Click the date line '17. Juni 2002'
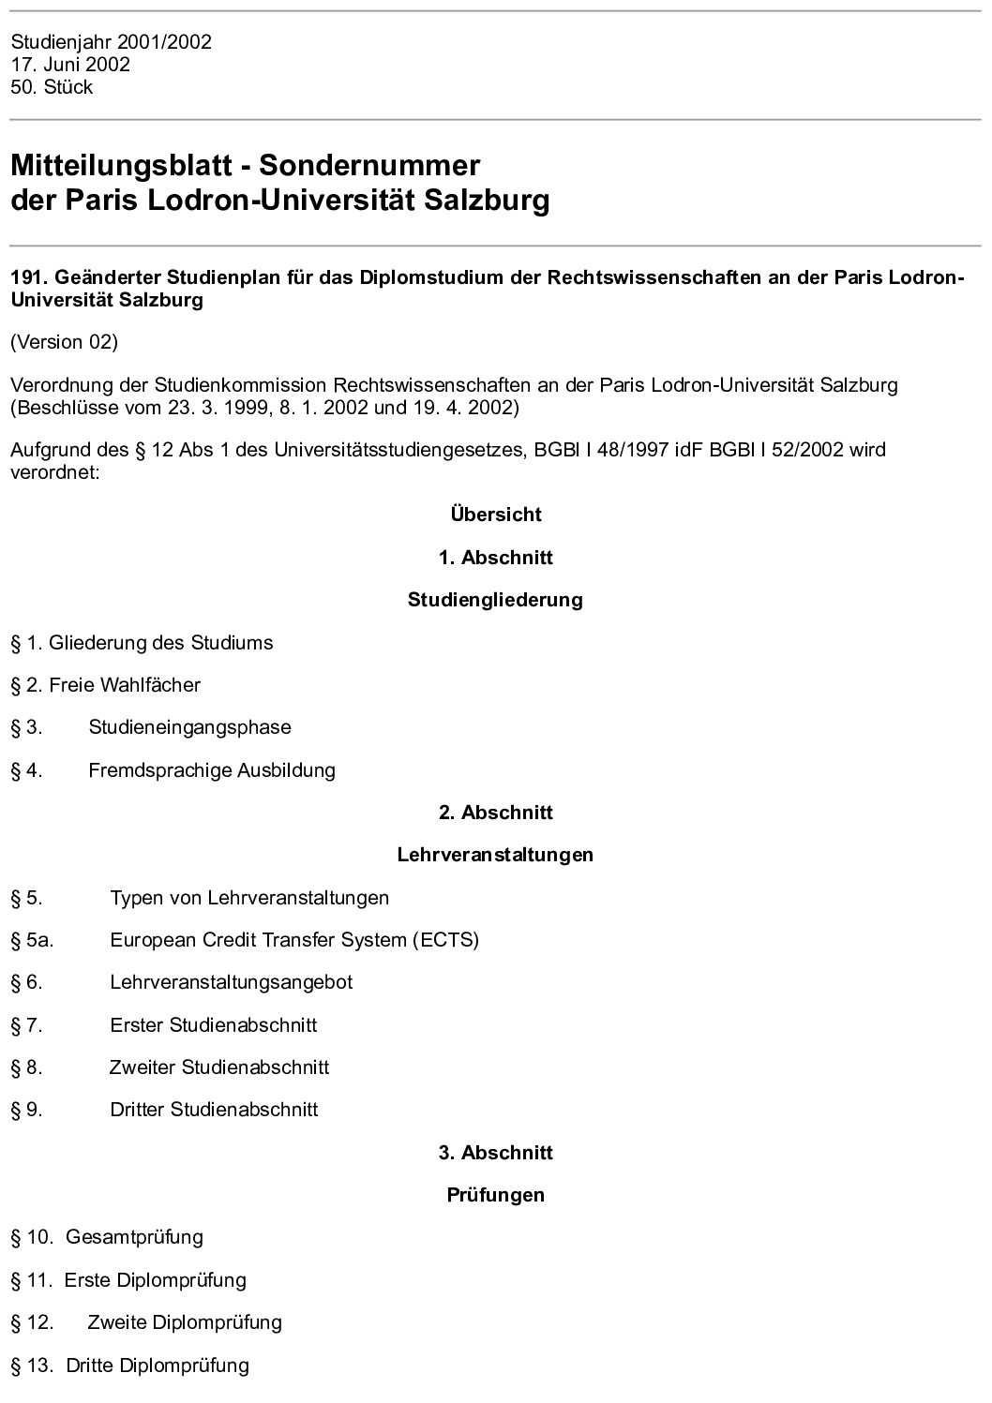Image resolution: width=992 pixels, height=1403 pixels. tap(70, 65)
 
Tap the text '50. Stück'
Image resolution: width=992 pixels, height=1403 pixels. tap(52, 87)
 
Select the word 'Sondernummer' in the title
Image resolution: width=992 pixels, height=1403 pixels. tap(368, 166)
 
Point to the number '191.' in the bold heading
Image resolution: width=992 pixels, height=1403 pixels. tap(29, 278)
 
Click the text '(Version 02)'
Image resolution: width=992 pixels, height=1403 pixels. tap(64, 342)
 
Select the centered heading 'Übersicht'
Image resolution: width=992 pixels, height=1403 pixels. tap(495, 515)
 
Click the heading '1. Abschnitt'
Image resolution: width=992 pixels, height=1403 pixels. tap(495, 558)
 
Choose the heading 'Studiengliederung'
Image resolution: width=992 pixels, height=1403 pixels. tap(495, 600)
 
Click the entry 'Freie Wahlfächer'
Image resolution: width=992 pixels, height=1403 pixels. tap(125, 685)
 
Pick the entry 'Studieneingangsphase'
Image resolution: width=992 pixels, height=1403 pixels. tap(189, 727)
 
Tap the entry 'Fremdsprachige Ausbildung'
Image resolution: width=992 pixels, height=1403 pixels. tap(212, 770)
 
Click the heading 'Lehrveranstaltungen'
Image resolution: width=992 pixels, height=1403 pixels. tap(495, 855)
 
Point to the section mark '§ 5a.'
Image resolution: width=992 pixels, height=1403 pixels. tap(32, 940)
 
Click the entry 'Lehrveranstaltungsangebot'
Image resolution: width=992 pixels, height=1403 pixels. tap(232, 982)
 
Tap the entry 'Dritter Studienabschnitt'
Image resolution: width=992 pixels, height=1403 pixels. tap(214, 1110)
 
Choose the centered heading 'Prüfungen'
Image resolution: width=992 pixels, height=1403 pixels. tap(495, 1195)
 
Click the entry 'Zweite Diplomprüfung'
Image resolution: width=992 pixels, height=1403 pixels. tap(185, 1322)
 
